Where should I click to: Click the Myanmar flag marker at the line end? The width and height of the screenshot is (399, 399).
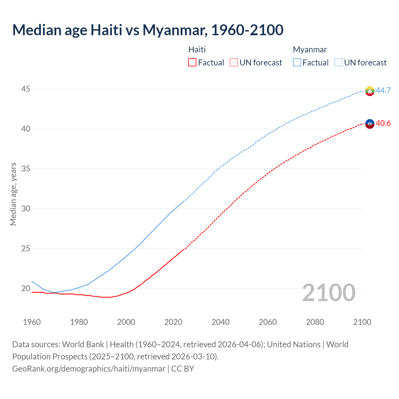(370, 91)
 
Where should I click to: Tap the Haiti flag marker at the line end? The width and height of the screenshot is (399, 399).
(370, 124)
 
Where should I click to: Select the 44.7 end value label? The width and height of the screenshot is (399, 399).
(383, 90)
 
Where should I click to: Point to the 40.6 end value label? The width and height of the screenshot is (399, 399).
(383, 123)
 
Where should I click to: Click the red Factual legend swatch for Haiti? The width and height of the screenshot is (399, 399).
(192, 63)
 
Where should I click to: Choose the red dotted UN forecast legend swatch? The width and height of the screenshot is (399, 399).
(233, 63)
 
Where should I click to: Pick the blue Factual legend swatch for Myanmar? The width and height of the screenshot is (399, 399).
(297, 63)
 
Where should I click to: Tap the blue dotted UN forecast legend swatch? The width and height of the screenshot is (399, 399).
(338, 63)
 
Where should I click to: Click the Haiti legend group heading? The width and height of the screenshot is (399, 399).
(197, 50)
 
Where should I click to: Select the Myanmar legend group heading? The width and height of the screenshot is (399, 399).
(310, 50)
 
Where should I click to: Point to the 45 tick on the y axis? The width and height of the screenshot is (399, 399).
(26, 89)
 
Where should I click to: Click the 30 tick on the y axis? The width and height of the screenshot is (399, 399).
(26, 209)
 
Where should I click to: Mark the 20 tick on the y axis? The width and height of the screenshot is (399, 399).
(26, 288)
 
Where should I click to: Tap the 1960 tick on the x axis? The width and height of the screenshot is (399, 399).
(32, 322)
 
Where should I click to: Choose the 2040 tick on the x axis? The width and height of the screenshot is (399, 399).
(220, 322)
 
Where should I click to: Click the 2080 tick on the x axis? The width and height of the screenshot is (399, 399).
(315, 322)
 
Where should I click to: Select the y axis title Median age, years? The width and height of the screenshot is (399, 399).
(13, 194)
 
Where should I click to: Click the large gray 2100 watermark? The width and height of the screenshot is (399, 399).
(329, 292)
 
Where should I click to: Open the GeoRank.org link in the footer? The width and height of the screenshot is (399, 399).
(89, 369)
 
